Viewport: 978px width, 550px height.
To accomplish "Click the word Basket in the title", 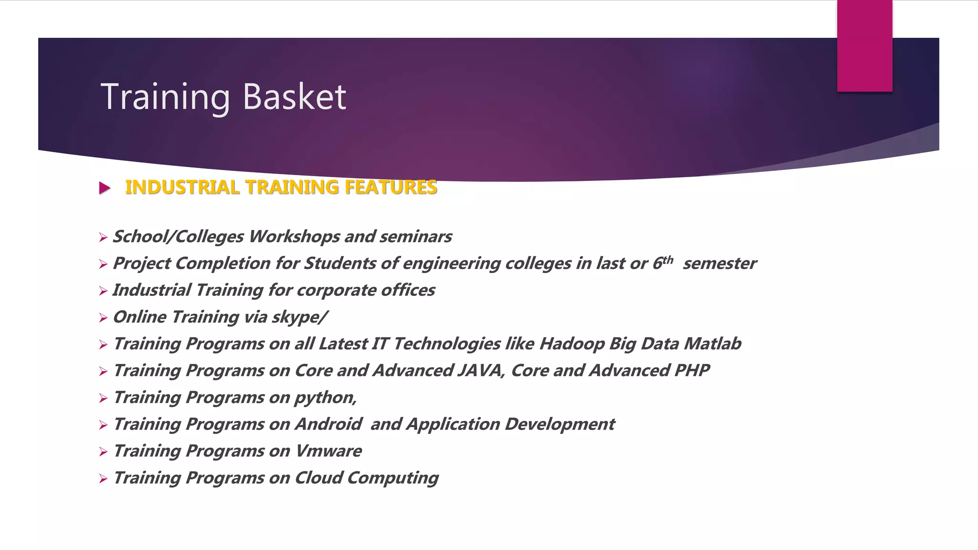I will tap(294, 97).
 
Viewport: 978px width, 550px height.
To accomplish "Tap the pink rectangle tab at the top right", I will tap(864, 45).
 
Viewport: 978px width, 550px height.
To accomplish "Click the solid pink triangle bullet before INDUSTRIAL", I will tap(105, 188).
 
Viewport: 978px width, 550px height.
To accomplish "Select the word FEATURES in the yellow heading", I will tap(391, 187).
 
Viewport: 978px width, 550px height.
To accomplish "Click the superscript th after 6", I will tap(668, 260).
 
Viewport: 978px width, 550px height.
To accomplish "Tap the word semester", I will tap(719, 264).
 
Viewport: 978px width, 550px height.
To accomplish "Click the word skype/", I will tap(299, 317).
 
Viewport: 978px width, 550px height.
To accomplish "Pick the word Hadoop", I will tap(572, 344).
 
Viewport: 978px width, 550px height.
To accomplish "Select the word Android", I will tap(329, 424).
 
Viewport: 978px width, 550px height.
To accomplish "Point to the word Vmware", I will tap(329, 451).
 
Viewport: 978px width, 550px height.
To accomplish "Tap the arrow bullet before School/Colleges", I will tap(103, 237).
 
